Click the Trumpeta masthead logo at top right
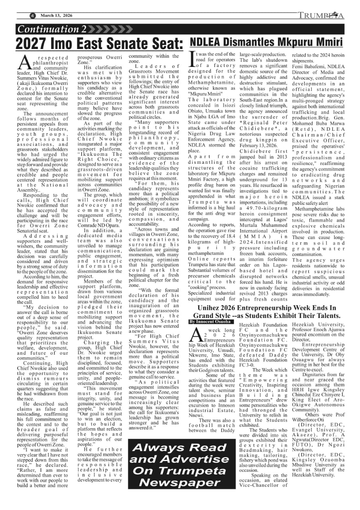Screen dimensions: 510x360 coord(321,16)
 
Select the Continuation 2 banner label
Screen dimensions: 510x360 coord(52,29)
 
